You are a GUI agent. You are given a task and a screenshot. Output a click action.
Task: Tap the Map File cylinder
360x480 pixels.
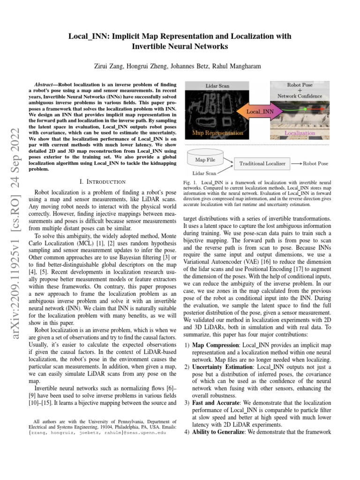point(205,160)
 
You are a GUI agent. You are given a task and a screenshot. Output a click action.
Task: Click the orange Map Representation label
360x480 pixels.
point(218,133)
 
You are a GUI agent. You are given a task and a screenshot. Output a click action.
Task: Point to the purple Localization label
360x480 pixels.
point(300,133)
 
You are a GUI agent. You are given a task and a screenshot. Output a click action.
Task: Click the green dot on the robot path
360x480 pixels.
point(305,109)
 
